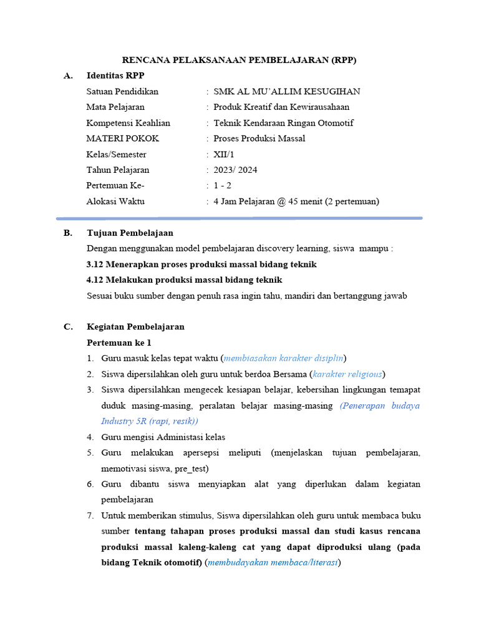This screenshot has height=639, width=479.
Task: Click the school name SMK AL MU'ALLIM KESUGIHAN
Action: [x=286, y=92]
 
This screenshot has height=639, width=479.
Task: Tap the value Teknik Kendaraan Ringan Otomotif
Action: [x=283, y=123]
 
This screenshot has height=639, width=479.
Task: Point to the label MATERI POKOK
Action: [x=123, y=139]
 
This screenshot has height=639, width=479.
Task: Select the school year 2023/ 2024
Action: [x=235, y=170]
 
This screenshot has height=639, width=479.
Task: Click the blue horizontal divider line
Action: [x=239, y=218]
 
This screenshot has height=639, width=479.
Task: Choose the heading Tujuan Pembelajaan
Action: [x=129, y=233]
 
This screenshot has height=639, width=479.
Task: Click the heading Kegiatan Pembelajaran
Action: [x=135, y=326]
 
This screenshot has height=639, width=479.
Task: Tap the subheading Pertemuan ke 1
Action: [x=119, y=343]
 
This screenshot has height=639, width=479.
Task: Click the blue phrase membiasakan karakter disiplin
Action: [x=283, y=358]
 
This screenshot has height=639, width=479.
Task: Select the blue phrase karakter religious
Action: [x=348, y=374]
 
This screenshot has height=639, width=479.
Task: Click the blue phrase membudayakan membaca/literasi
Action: [x=273, y=562]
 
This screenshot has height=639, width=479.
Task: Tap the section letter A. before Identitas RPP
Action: [x=68, y=76]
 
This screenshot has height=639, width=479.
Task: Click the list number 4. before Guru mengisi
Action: [x=90, y=437]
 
